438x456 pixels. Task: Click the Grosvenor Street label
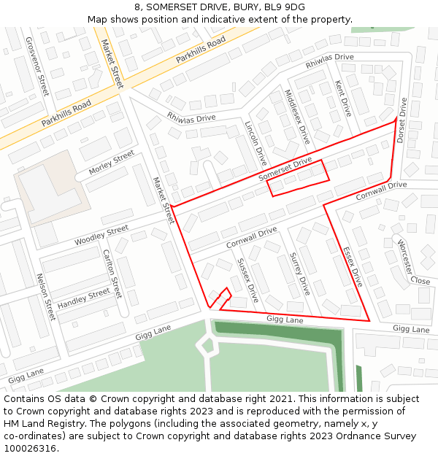pyautogui.click(x=37, y=66)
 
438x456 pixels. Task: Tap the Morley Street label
pyautogui.click(x=112, y=162)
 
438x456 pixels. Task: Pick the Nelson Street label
pyautogui.click(x=45, y=297)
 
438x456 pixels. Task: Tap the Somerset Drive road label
pyautogui.click(x=285, y=169)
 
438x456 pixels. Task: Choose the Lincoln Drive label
pyautogui.click(x=256, y=143)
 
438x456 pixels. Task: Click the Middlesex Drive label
pyautogui.click(x=297, y=116)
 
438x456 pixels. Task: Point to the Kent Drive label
pyautogui.click(x=342, y=98)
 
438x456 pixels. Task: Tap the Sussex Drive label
pyautogui.click(x=248, y=280)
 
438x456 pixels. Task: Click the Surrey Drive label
pyautogui.click(x=300, y=274)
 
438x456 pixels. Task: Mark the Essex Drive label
pyautogui.click(x=353, y=266)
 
